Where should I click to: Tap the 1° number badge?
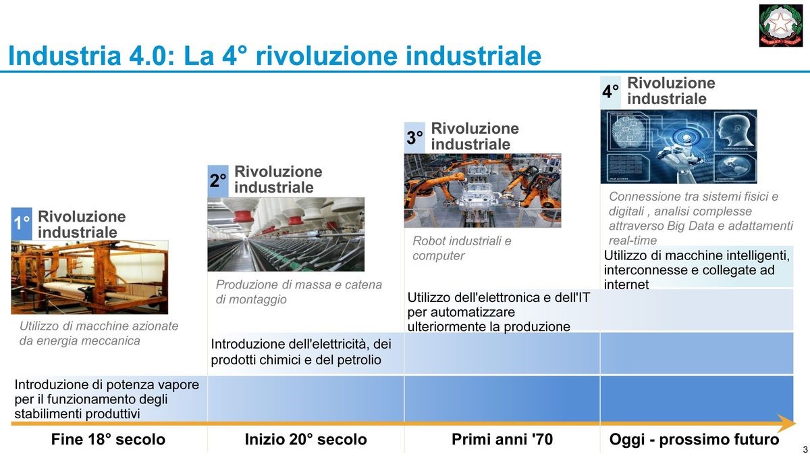(22, 224)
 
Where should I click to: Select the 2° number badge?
(217, 181)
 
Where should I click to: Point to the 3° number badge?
(414, 138)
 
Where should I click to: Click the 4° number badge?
(610, 92)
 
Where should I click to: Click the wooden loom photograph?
(90, 277)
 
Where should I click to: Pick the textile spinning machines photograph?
(286, 234)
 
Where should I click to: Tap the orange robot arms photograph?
(483, 191)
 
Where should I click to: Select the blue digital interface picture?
(679, 147)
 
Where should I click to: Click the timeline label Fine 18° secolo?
(108, 439)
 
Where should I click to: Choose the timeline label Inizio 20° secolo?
(306, 439)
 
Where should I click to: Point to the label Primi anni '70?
(502, 439)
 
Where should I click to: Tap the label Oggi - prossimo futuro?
(695, 439)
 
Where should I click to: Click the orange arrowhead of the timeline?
(786, 424)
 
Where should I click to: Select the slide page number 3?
(805, 450)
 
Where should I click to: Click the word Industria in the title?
(64, 55)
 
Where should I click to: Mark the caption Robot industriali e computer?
(462, 249)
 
